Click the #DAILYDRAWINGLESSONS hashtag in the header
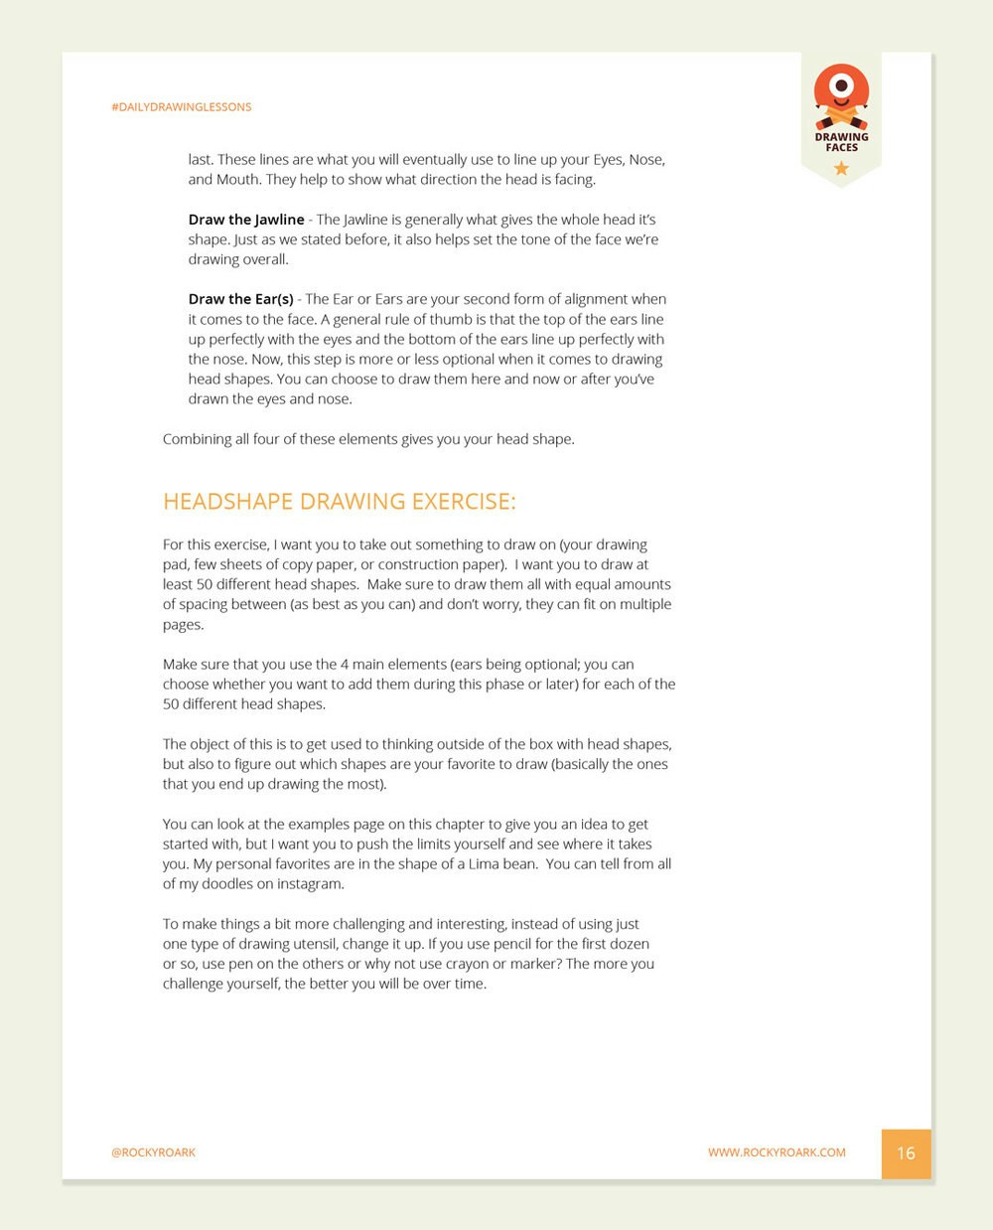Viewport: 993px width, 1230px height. coord(181,106)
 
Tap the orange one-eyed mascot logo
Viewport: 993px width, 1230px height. coord(841,92)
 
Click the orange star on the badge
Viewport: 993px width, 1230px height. coord(841,168)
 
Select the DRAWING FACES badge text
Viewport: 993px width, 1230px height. coord(841,142)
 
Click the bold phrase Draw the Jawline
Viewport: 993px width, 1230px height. coord(246,220)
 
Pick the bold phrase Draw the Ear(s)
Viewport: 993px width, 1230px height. coord(240,299)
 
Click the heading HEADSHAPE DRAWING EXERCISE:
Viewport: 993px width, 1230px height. coord(339,502)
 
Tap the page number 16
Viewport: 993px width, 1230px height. coord(906,1153)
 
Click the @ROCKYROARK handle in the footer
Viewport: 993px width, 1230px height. coord(153,1153)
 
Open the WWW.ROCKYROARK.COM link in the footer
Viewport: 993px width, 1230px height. coord(777,1153)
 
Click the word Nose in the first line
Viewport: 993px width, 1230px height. coord(646,160)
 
